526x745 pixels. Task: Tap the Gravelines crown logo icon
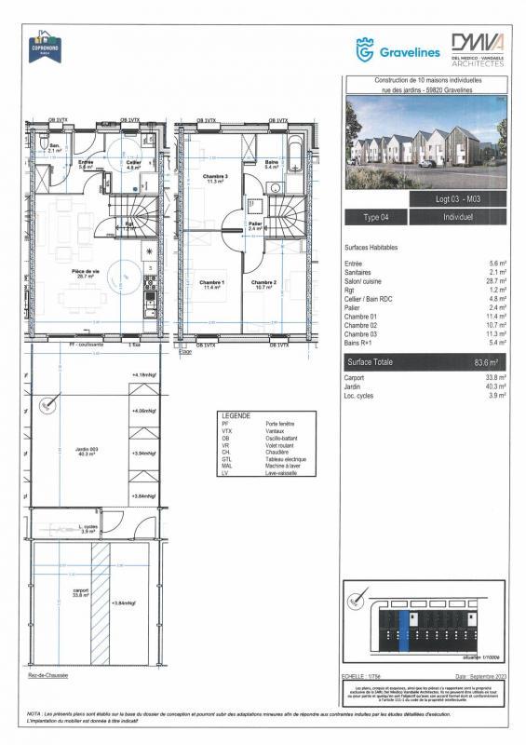click(x=366, y=49)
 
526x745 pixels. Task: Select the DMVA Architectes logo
click(x=478, y=49)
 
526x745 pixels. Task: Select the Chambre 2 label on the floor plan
click(x=263, y=284)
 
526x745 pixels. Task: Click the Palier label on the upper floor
click(x=254, y=225)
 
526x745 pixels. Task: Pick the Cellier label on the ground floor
click(x=134, y=164)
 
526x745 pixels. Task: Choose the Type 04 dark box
click(x=376, y=217)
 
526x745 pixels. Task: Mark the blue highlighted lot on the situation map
click(x=403, y=622)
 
